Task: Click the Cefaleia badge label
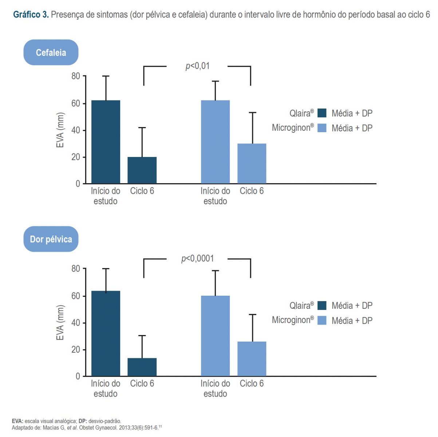tap(51, 53)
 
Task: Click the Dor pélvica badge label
tap(51, 239)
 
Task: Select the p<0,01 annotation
tap(197, 66)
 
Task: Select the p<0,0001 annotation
tap(197, 259)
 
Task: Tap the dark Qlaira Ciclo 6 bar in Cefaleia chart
tap(142, 170)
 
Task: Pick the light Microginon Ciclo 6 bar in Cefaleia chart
tap(252, 164)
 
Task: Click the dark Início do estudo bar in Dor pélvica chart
tap(106, 333)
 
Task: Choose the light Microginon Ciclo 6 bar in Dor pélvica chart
tap(252, 359)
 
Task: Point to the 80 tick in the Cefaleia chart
tap(76, 76)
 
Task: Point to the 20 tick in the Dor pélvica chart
tap(76, 350)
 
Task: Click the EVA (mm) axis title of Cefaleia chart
tap(60, 130)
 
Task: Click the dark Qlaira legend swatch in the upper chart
tap(322, 113)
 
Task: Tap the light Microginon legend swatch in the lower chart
tap(322, 320)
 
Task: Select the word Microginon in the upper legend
tap(291, 128)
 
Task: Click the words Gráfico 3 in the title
tap(31, 15)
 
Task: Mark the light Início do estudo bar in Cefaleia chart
tap(215, 142)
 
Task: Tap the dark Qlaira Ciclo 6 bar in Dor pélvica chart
tap(142, 367)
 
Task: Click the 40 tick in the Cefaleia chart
tap(76, 130)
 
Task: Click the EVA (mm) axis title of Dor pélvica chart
tap(60, 323)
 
